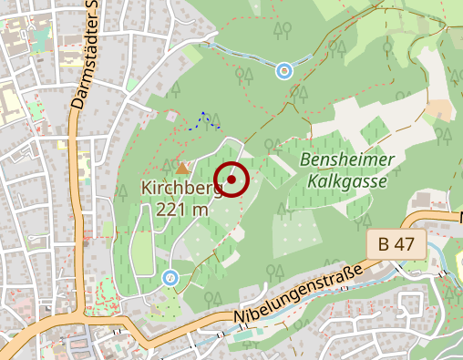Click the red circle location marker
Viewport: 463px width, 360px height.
[231, 180]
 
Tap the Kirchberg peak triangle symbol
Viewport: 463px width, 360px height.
[182, 168]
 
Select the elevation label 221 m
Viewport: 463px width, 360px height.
[182, 209]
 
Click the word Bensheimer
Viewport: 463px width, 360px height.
[347, 160]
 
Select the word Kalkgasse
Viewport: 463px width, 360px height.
[347, 180]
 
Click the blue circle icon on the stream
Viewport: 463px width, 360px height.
[284, 69]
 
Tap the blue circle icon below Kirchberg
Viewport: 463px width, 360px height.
[170, 277]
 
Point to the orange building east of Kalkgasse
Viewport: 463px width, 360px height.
[440, 108]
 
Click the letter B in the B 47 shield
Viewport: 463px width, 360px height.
[385, 243]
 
